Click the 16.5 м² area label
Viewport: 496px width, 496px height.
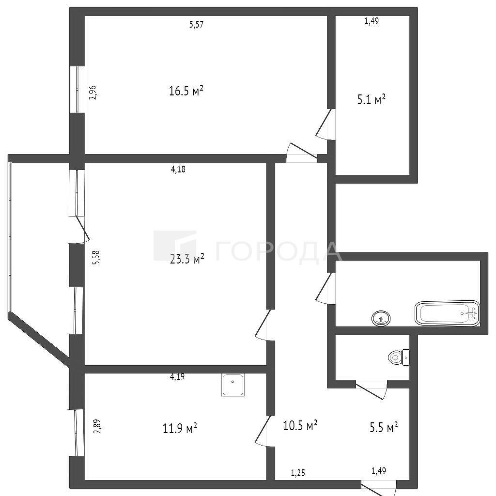186,92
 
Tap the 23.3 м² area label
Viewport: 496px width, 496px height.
187,259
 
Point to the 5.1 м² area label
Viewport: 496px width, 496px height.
372,100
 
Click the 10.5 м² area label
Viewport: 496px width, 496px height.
300,425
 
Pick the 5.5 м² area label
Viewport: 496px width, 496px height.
384,428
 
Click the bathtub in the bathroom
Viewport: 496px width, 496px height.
447,313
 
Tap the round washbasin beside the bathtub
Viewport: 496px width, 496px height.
381,318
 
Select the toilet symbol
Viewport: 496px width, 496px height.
399,357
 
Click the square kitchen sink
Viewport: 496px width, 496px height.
233,385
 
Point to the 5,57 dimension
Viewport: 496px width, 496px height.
196,24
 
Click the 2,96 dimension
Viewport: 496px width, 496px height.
93,93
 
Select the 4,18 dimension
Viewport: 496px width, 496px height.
178,170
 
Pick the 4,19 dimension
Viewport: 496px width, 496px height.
177,376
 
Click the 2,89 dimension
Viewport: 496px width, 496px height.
98,426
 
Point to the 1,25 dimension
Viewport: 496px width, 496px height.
298,473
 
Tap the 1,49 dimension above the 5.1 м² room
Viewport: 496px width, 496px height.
372,21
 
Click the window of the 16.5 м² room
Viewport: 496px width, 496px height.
77,90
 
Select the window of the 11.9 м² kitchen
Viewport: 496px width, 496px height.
77,433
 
